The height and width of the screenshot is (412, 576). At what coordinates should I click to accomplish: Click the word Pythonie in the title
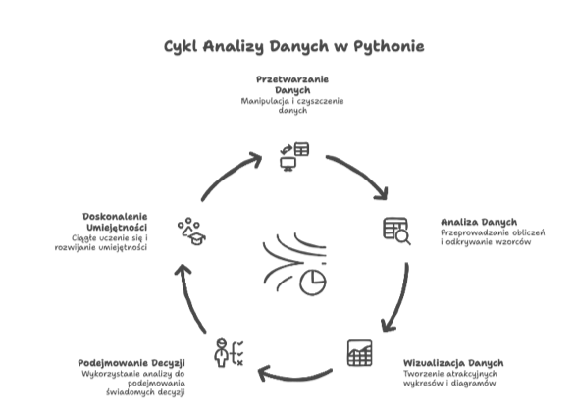click(389, 47)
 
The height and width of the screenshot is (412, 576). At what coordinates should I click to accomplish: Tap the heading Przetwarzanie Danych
click(292, 84)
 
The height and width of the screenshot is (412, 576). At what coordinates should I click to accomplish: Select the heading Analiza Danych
click(479, 222)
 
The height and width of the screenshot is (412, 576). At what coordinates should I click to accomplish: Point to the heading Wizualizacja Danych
click(453, 363)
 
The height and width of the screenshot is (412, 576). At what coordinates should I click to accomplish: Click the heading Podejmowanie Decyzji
click(131, 363)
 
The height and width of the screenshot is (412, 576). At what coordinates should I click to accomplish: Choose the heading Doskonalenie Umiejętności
click(115, 222)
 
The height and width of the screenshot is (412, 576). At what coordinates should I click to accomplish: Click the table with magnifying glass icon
click(396, 231)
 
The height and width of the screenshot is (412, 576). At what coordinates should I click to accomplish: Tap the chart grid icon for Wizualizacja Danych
click(360, 353)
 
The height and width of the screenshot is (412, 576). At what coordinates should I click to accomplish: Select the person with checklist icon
click(229, 352)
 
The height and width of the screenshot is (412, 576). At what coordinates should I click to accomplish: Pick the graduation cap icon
click(191, 232)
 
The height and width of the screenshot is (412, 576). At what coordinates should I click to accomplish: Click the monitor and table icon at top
click(294, 156)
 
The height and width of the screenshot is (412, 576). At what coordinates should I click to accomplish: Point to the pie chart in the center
click(313, 283)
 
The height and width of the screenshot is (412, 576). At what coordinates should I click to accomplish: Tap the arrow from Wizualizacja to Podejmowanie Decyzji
click(295, 378)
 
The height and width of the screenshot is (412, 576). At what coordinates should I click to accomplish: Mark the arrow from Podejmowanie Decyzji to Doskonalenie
click(189, 298)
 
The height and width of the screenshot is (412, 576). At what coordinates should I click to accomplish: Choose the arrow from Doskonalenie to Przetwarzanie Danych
click(229, 174)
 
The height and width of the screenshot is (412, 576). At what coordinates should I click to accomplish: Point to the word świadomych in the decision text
click(131, 392)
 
